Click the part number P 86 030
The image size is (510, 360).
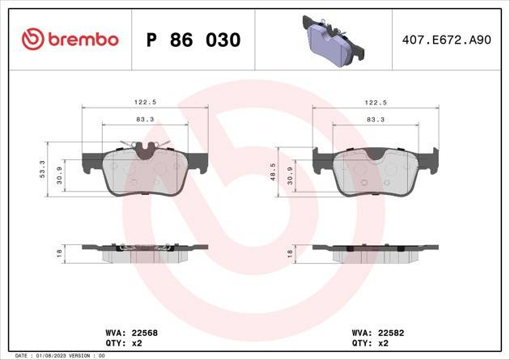coord(192,40)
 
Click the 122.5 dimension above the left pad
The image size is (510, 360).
coord(145,103)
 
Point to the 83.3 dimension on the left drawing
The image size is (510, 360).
coord(145,119)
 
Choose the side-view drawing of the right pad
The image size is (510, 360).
coord(376,252)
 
